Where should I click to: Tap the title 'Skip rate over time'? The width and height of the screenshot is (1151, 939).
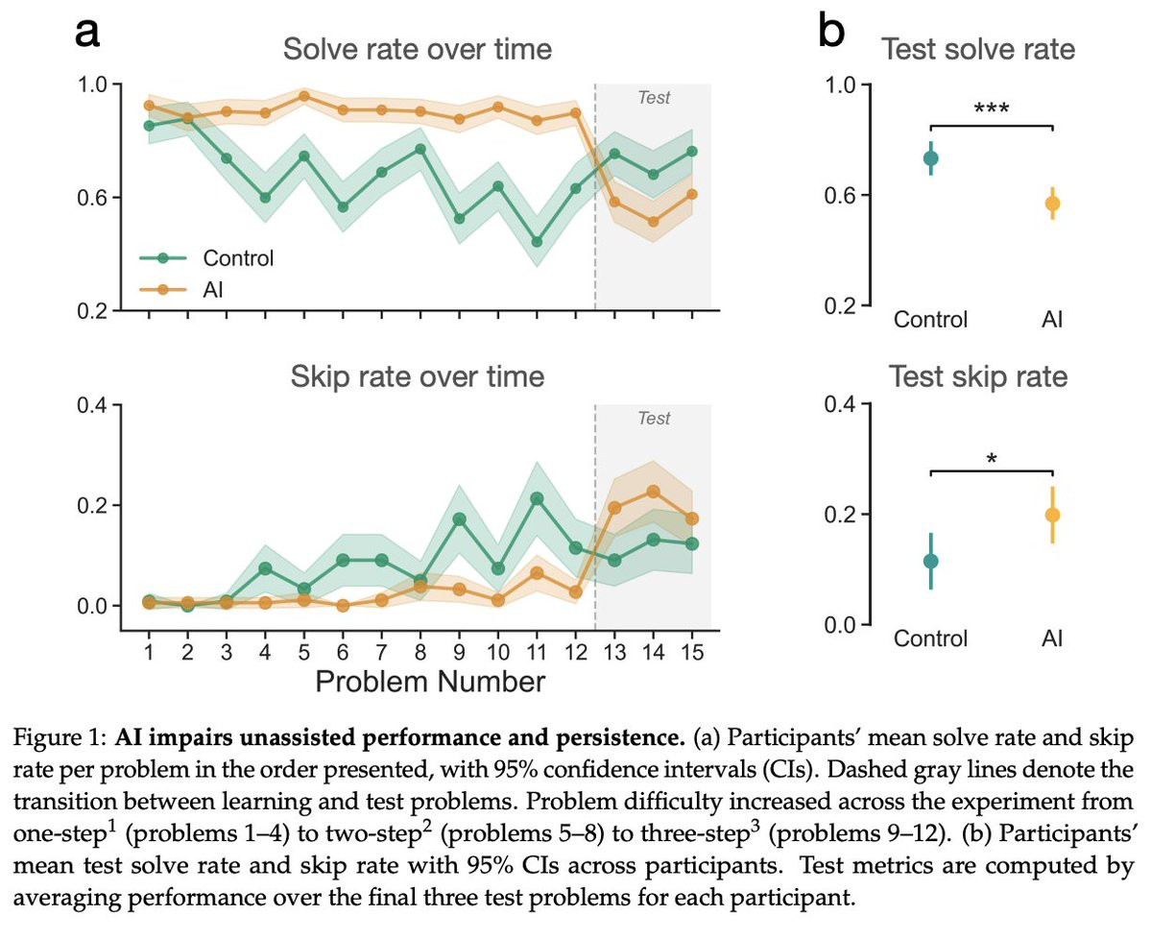(418, 375)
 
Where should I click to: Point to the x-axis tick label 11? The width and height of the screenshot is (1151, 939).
(536, 654)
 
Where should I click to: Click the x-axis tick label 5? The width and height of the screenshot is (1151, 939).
(303, 654)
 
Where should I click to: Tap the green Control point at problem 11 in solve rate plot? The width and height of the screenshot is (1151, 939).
(536, 242)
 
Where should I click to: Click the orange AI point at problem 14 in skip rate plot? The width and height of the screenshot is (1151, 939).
(652, 492)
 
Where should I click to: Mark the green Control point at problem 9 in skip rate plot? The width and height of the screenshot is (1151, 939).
(459, 519)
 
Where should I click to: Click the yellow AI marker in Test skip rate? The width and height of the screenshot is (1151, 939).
(1052, 515)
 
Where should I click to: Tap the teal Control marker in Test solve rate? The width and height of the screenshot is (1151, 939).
(930, 158)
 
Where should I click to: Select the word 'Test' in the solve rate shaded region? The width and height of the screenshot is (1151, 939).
(654, 98)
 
